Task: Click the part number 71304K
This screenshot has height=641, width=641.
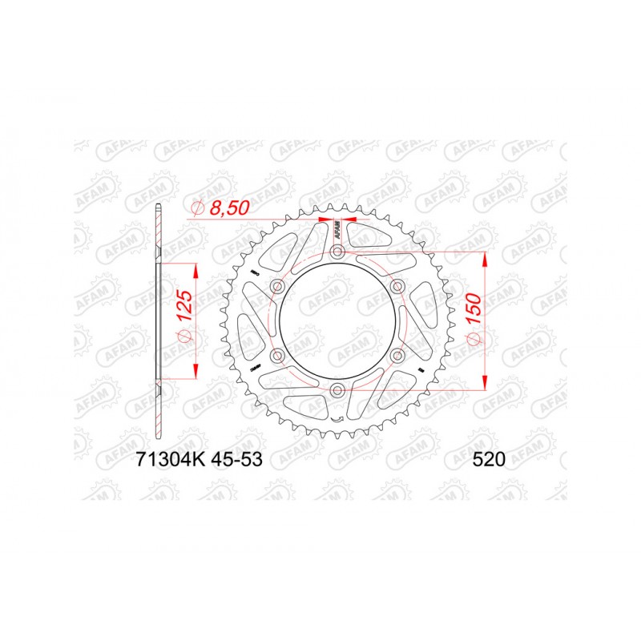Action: click(x=163, y=460)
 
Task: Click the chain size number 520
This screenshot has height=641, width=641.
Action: click(x=490, y=460)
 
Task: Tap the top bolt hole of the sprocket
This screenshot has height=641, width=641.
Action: click(x=337, y=252)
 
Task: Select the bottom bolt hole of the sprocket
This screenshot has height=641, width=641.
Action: click(x=337, y=390)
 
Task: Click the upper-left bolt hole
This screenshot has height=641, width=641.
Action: click(x=278, y=287)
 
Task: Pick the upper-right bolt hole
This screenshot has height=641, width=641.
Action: click(x=397, y=287)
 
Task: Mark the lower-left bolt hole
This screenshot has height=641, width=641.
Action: click(x=278, y=356)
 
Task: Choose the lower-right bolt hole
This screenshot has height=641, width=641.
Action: click(x=397, y=356)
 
